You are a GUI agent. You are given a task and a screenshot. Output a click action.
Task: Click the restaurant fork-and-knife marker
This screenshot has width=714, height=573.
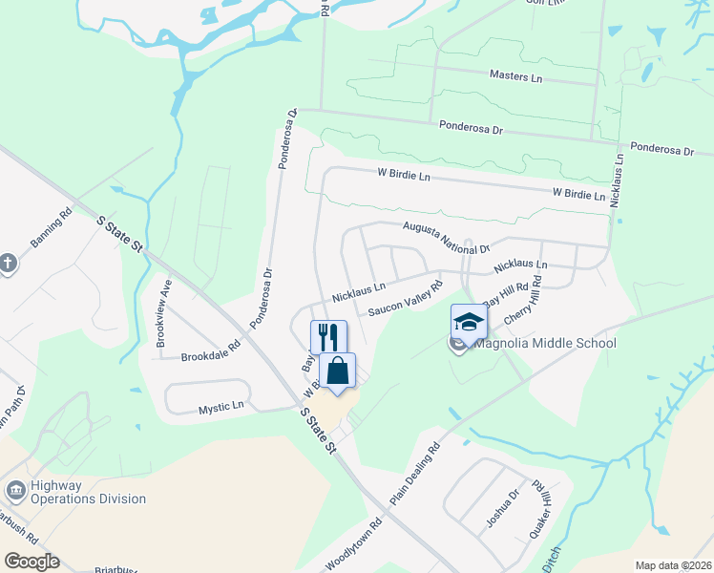[328, 337]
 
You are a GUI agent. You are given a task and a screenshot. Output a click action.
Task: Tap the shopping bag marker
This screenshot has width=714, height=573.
[338, 370]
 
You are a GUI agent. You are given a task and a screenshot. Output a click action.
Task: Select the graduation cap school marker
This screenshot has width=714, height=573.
[469, 322]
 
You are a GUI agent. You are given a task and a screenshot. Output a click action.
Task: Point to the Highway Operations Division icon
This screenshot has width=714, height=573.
[15, 491]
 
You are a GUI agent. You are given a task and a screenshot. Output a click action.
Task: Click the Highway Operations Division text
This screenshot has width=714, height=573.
[88, 492]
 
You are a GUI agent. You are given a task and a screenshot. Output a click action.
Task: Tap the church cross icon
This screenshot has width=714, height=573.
[8, 263]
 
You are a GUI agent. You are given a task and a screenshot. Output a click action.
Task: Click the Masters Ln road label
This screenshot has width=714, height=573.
[514, 74]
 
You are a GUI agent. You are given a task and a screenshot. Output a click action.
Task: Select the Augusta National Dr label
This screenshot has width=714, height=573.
[445, 235]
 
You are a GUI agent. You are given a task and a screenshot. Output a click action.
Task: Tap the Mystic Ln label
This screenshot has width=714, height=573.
[220, 408]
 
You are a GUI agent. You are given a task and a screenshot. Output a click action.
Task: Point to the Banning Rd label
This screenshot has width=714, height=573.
[52, 229]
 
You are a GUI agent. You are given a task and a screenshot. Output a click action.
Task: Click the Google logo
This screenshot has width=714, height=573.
[31, 561]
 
